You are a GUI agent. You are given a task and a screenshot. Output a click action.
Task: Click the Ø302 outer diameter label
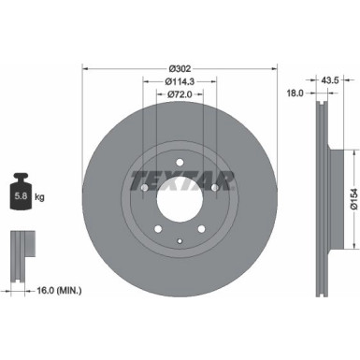click(x=180, y=69)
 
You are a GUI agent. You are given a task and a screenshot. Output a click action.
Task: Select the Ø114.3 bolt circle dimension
click(x=180, y=82)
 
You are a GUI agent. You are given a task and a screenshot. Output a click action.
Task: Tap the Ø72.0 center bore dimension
click(x=180, y=94)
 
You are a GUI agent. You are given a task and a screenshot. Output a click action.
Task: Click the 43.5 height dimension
click(x=330, y=81)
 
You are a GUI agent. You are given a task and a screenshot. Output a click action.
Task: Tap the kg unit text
click(x=40, y=198)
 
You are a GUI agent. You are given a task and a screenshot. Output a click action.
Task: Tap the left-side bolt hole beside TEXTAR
click(x=144, y=188)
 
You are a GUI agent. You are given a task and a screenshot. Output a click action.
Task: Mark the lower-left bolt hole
click(x=157, y=230)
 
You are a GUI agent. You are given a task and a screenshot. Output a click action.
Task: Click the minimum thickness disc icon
click(x=22, y=246)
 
